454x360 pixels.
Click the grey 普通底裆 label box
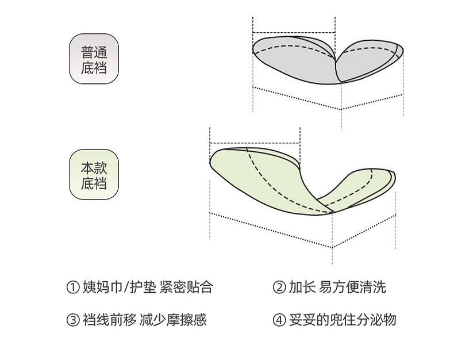coord(94,60)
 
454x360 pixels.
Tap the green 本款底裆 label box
coord(94,175)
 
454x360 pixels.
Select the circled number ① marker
coord(72,287)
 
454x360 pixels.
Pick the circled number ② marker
coord(279,287)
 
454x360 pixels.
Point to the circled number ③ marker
coord(72,320)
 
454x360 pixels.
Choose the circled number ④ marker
coord(279,320)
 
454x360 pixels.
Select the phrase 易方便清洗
coord(353,287)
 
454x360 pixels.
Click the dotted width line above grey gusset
coord(294,32)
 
